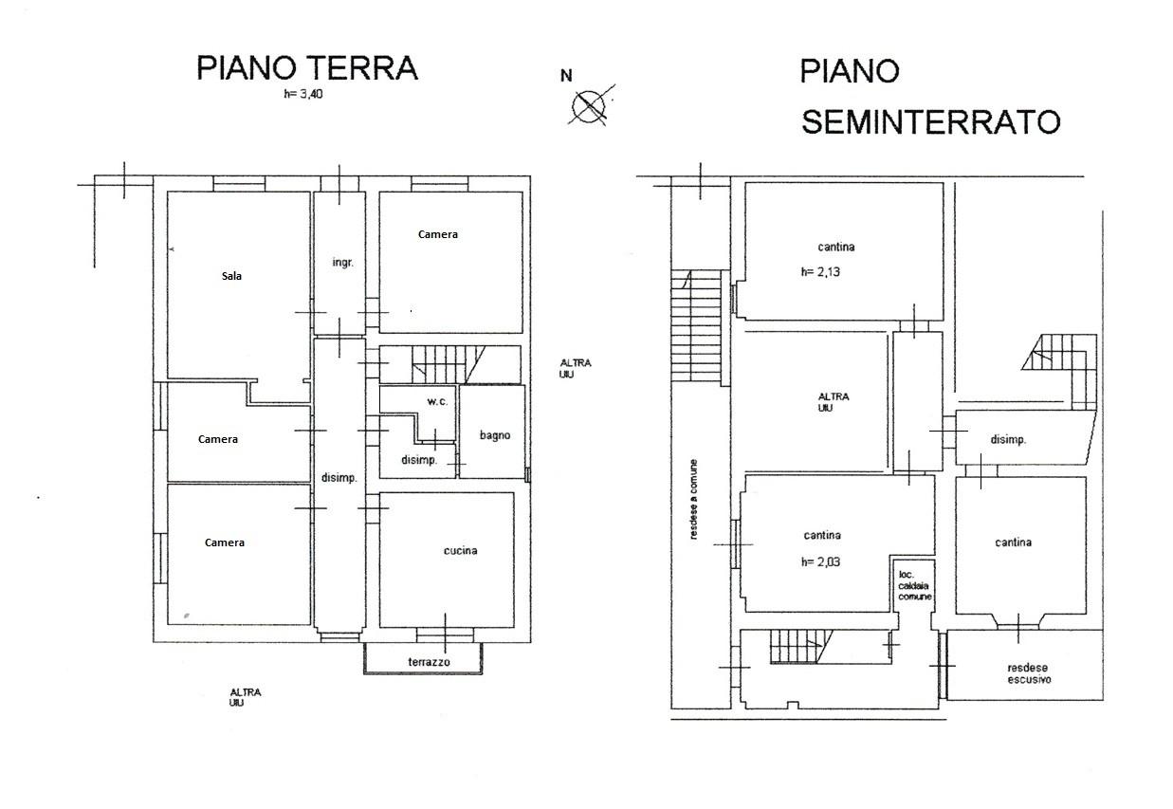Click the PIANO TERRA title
pos(307,67)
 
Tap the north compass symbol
pos(590,106)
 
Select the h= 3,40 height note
pos(303,94)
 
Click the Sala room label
pos(231,276)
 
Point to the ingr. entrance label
pos(343,263)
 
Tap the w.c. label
pos(437,401)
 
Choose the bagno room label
pos(495,435)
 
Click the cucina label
pos(460,550)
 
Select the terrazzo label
pos(429,662)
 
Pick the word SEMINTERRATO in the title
pos(931,122)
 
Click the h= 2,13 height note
pos(820,272)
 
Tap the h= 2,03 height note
pos(820,561)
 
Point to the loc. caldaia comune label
pos(915,585)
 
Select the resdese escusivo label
pos(1029,673)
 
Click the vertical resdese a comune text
pos(693,499)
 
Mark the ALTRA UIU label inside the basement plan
pos(834,402)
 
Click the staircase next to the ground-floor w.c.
pos(449,364)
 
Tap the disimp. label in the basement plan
pos(1008,439)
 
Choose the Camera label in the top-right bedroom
pos(438,234)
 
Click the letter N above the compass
pos(566,76)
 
